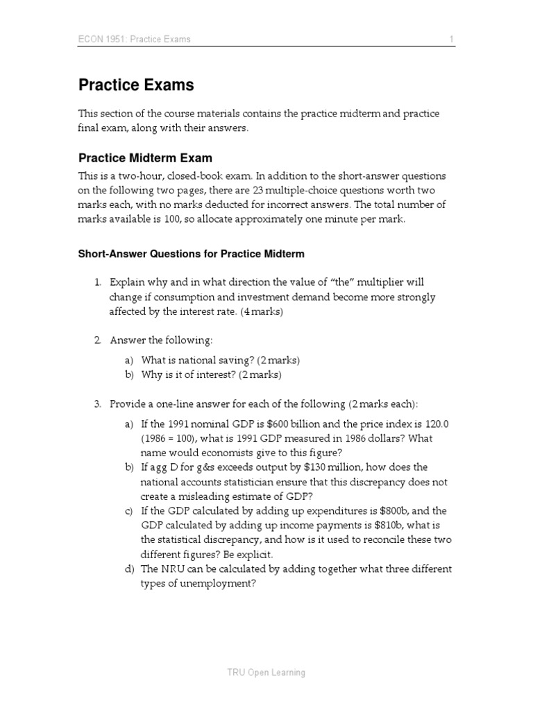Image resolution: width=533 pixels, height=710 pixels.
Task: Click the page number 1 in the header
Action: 452,40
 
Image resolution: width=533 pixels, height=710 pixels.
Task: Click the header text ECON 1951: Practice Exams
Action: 134,40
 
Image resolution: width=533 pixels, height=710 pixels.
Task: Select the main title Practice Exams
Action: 136,85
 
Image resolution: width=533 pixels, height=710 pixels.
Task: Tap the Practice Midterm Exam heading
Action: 145,158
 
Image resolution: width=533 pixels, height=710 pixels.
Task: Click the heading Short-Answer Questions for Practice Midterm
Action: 191,254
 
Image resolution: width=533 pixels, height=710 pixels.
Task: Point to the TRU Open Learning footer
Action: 266,672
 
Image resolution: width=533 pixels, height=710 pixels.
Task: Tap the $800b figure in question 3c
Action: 392,511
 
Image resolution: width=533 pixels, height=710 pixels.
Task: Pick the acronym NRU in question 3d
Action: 173,569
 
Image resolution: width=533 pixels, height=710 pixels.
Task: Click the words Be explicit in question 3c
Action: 249,555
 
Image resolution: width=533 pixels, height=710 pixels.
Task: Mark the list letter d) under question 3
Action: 129,569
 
